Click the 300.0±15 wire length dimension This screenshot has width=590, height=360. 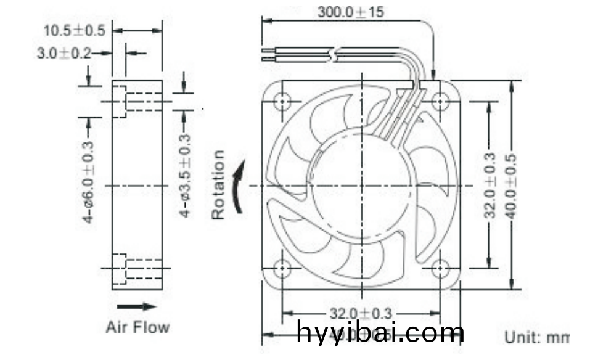point(350,12)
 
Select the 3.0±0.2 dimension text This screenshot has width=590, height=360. point(64,54)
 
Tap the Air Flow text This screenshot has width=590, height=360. point(137,326)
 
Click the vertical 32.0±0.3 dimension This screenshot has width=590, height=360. point(490,185)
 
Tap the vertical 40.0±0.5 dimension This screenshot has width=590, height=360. point(511,185)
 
